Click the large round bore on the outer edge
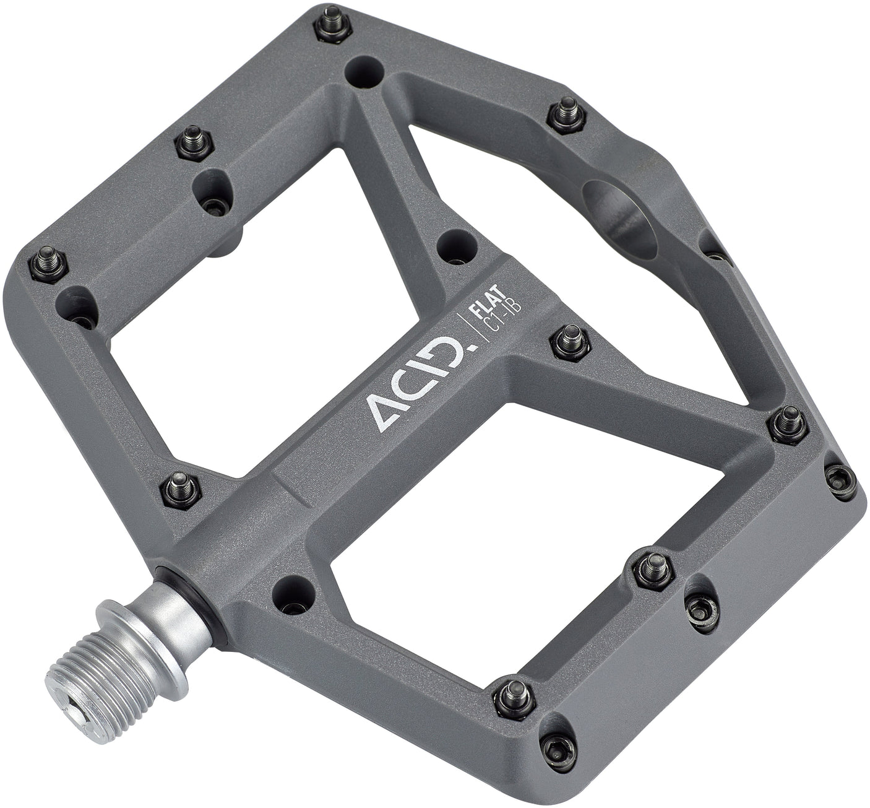click(x=619, y=217)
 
